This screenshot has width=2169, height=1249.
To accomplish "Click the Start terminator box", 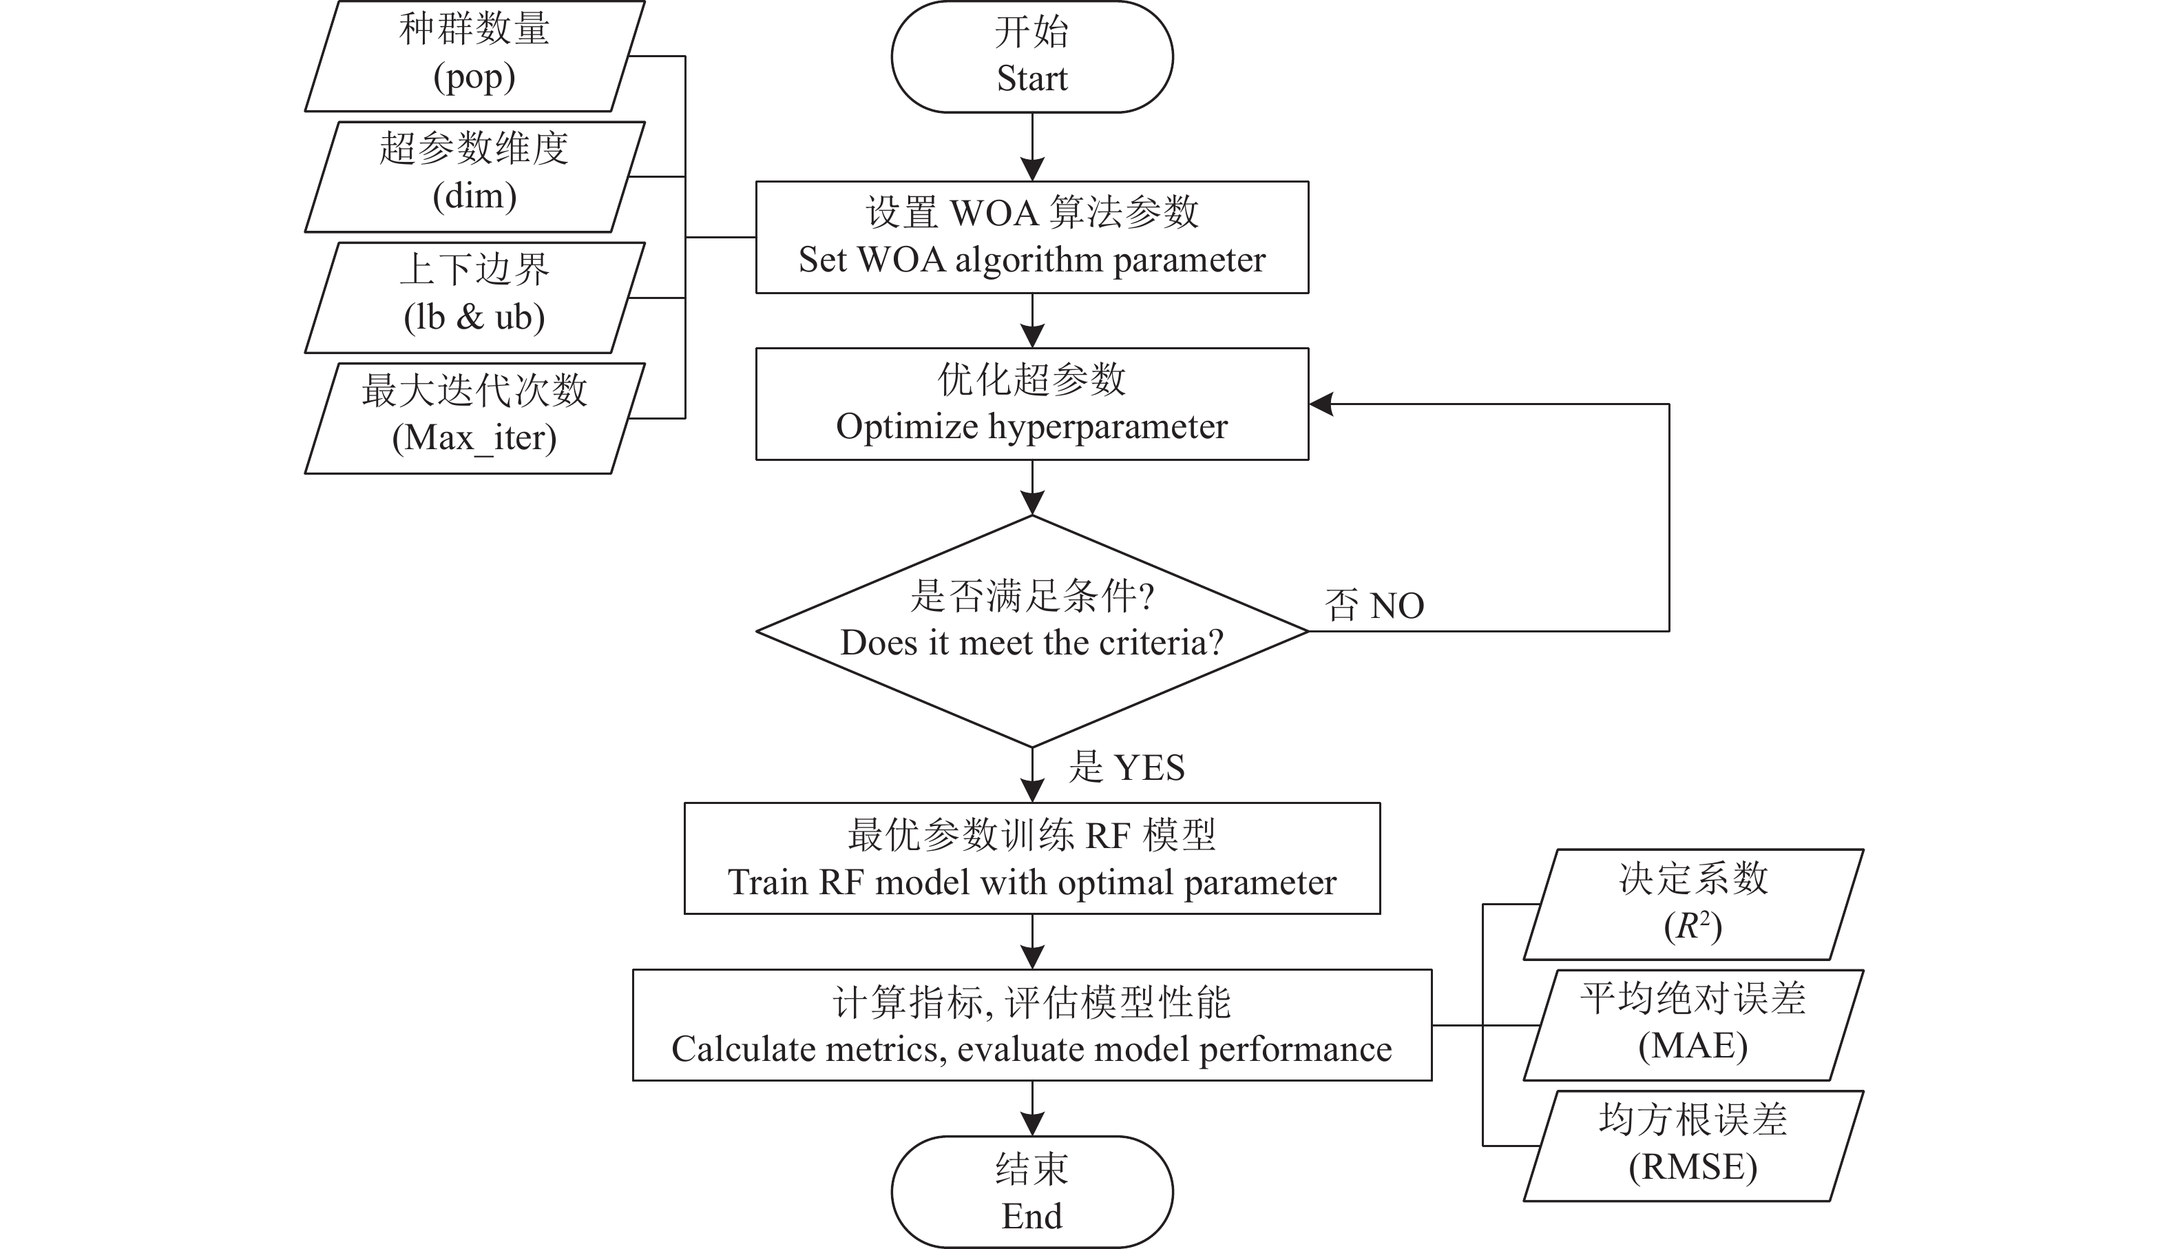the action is (1032, 56).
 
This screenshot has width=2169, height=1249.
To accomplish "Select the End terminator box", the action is (1032, 1192).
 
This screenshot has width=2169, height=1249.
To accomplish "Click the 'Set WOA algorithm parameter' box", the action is (1032, 237).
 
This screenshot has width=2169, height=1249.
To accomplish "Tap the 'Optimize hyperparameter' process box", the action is (1032, 404).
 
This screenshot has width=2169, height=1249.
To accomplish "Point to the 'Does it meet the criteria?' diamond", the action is (1032, 631).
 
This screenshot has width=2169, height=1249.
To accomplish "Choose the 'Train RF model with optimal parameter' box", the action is (1032, 858).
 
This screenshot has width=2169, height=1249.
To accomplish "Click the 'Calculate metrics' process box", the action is (1032, 1025).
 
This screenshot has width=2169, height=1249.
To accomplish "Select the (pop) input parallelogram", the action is (475, 56).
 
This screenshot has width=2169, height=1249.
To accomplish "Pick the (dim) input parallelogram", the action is (475, 177).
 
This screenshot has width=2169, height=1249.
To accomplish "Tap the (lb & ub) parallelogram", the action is (475, 298).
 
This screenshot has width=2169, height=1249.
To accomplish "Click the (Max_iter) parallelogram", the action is (475, 419).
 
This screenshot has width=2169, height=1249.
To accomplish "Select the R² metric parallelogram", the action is (1693, 904).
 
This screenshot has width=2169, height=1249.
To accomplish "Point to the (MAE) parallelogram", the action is (1693, 1025).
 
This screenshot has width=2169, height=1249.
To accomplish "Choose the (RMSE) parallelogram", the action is (1693, 1146).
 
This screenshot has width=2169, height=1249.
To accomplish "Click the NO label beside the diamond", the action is (1397, 606).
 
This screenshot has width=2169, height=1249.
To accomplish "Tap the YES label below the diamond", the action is (1150, 767).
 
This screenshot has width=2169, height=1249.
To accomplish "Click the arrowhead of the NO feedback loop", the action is (1321, 404).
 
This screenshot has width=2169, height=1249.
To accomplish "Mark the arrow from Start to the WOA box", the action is (1032, 147).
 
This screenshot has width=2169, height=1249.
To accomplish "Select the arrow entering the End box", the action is (1032, 1108).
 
